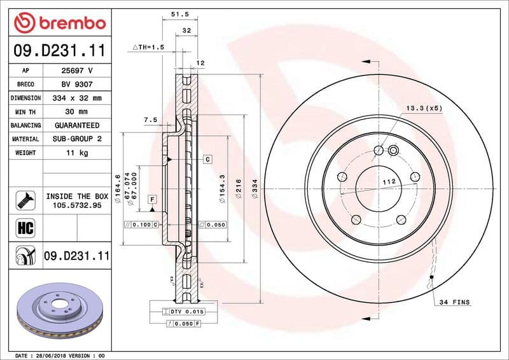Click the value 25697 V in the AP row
tap(77, 71)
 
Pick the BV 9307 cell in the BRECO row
tap(77, 85)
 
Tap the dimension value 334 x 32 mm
tap(77, 98)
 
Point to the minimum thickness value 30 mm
tap(77, 112)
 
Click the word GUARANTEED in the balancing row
tap(77, 125)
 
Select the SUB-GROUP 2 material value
tap(77, 139)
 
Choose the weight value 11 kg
tap(77, 153)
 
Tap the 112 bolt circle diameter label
tap(389, 182)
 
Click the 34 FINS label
tap(454, 302)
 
